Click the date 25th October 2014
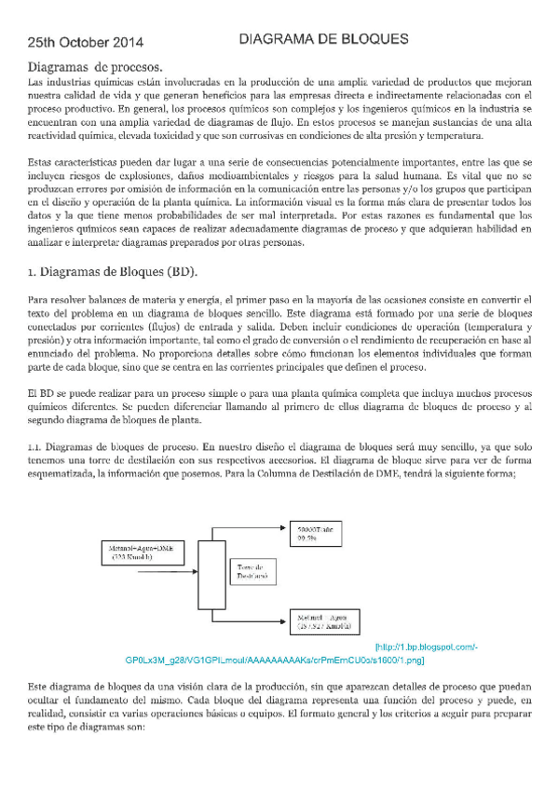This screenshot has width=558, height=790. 86,43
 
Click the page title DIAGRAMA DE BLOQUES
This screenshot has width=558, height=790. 325,40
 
